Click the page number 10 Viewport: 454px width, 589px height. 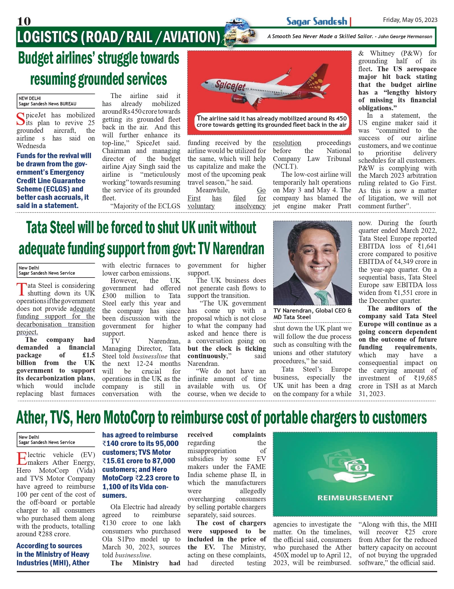pyautogui.click(x=24, y=21)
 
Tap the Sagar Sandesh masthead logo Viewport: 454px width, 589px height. pyautogui.click(x=317, y=21)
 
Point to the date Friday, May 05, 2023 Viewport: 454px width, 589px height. pyautogui.click(x=410, y=20)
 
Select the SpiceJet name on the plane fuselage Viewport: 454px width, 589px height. pyautogui.click(x=230, y=86)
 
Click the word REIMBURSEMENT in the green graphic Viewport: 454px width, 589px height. pyautogui.click(x=355, y=498)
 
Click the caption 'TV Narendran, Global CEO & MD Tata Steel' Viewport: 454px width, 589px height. pyautogui.click(x=312, y=314)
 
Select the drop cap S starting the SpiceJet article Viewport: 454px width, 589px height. pyautogui.click(x=21, y=119)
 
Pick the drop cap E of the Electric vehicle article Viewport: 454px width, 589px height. pyautogui.click(x=21, y=458)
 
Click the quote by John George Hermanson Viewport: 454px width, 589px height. pyautogui.click(x=350, y=36)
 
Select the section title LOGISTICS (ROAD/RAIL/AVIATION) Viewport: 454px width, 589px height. pyautogui.click(x=118, y=37)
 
